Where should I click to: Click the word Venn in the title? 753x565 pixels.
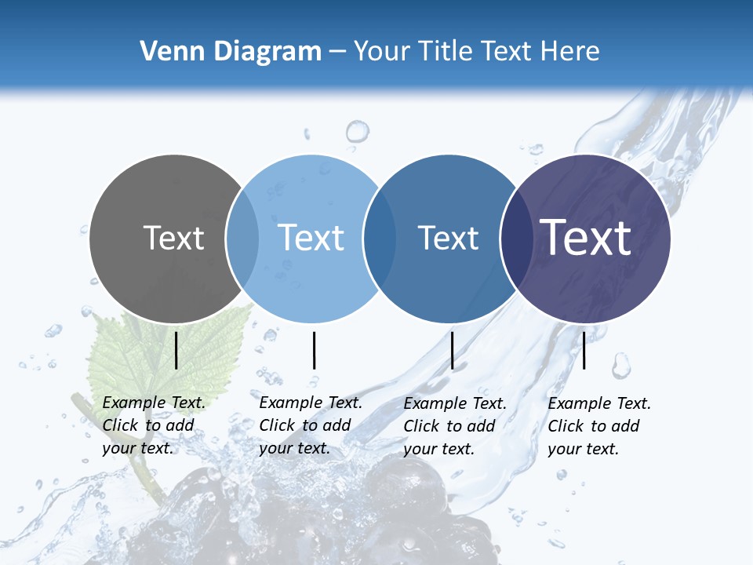coord(166,52)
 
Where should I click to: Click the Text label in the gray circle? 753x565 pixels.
coord(173,238)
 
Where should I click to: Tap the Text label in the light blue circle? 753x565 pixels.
coord(311,238)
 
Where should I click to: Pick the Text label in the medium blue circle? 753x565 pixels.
coord(448,238)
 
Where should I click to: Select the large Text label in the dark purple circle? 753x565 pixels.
coord(586,237)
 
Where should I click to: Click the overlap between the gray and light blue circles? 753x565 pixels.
coord(242,239)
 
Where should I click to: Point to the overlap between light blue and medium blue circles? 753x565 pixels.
coord(380,239)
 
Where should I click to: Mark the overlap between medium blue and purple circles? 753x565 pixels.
coord(516,239)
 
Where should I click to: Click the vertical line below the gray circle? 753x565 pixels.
coord(176,350)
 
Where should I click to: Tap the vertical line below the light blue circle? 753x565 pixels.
coord(314,350)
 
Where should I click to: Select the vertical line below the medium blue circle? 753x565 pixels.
coord(452,350)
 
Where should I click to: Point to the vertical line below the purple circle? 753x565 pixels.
coord(584,350)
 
